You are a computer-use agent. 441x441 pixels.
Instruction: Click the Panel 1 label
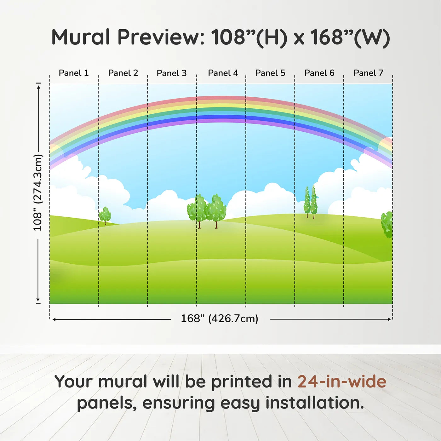click(x=73, y=73)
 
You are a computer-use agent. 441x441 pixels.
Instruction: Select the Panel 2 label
click(x=123, y=73)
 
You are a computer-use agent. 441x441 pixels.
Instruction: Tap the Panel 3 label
click(x=172, y=73)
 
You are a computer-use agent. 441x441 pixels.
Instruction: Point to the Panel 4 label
click(x=223, y=73)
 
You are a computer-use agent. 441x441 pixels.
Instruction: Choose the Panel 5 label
click(x=270, y=73)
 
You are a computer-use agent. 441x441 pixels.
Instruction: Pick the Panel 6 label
click(x=319, y=73)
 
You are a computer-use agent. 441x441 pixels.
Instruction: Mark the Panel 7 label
click(x=368, y=73)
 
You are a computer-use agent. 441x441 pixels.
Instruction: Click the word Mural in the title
click(x=81, y=37)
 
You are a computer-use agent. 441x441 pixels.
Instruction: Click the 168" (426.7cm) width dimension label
click(x=220, y=319)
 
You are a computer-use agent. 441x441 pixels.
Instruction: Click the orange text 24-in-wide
click(x=342, y=381)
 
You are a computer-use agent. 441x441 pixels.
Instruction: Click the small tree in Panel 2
click(x=105, y=215)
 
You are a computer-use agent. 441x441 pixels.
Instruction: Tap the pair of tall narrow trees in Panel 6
click(x=310, y=202)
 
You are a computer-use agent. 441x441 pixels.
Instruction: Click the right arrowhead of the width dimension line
click(x=389, y=319)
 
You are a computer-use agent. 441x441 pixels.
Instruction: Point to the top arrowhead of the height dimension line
click(x=39, y=87)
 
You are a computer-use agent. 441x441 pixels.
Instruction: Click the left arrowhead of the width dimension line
click(x=54, y=319)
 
